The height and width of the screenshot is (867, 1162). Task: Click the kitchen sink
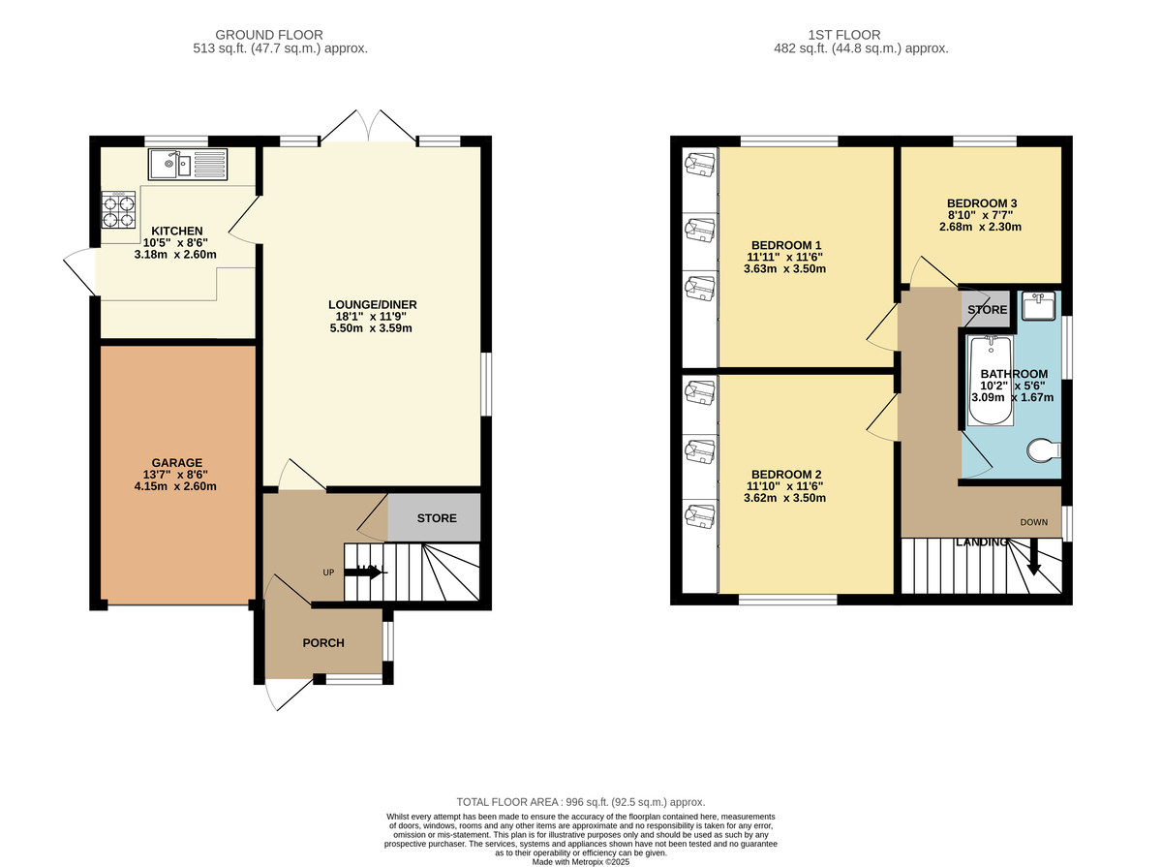(x=187, y=165)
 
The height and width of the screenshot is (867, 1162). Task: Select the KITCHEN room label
(x=176, y=231)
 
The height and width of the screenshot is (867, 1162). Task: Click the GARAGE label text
(x=176, y=462)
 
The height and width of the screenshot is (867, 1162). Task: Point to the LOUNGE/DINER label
(x=372, y=305)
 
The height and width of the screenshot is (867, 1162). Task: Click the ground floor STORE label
(x=437, y=518)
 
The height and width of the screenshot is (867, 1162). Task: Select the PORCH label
(x=323, y=642)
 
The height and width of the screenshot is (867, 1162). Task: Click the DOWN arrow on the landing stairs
(x=1033, y=558)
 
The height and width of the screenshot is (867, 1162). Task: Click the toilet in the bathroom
(x=1043, y=450)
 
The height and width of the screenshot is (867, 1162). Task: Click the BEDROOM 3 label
(x=982, y=203)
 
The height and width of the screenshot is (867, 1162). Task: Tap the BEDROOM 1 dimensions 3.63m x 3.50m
(x=784, y=269)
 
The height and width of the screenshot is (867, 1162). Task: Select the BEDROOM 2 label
(x=784, y=474)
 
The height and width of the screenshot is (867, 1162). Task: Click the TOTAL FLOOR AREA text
(x=581, y=802)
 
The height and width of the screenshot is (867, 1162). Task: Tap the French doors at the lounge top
(x=369, y=126)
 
